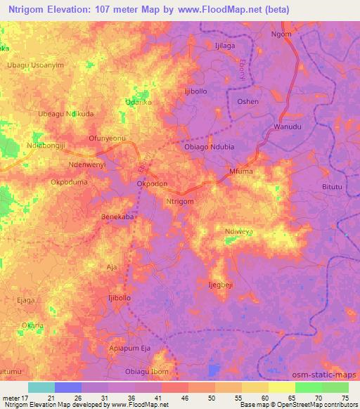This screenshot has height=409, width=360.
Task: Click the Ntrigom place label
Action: tap(179, 201)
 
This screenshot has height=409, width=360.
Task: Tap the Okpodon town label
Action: tap(152, 183)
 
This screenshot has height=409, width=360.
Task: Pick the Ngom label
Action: tap(281, 34)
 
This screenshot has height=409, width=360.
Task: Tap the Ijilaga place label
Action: tap(225, 46)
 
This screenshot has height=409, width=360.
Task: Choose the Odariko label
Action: tap(139, 102)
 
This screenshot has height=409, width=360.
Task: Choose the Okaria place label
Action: tap(32, 325)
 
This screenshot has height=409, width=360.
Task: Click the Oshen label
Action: tap(247, 102)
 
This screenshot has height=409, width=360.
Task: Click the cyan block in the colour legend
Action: tap(41, 387)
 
